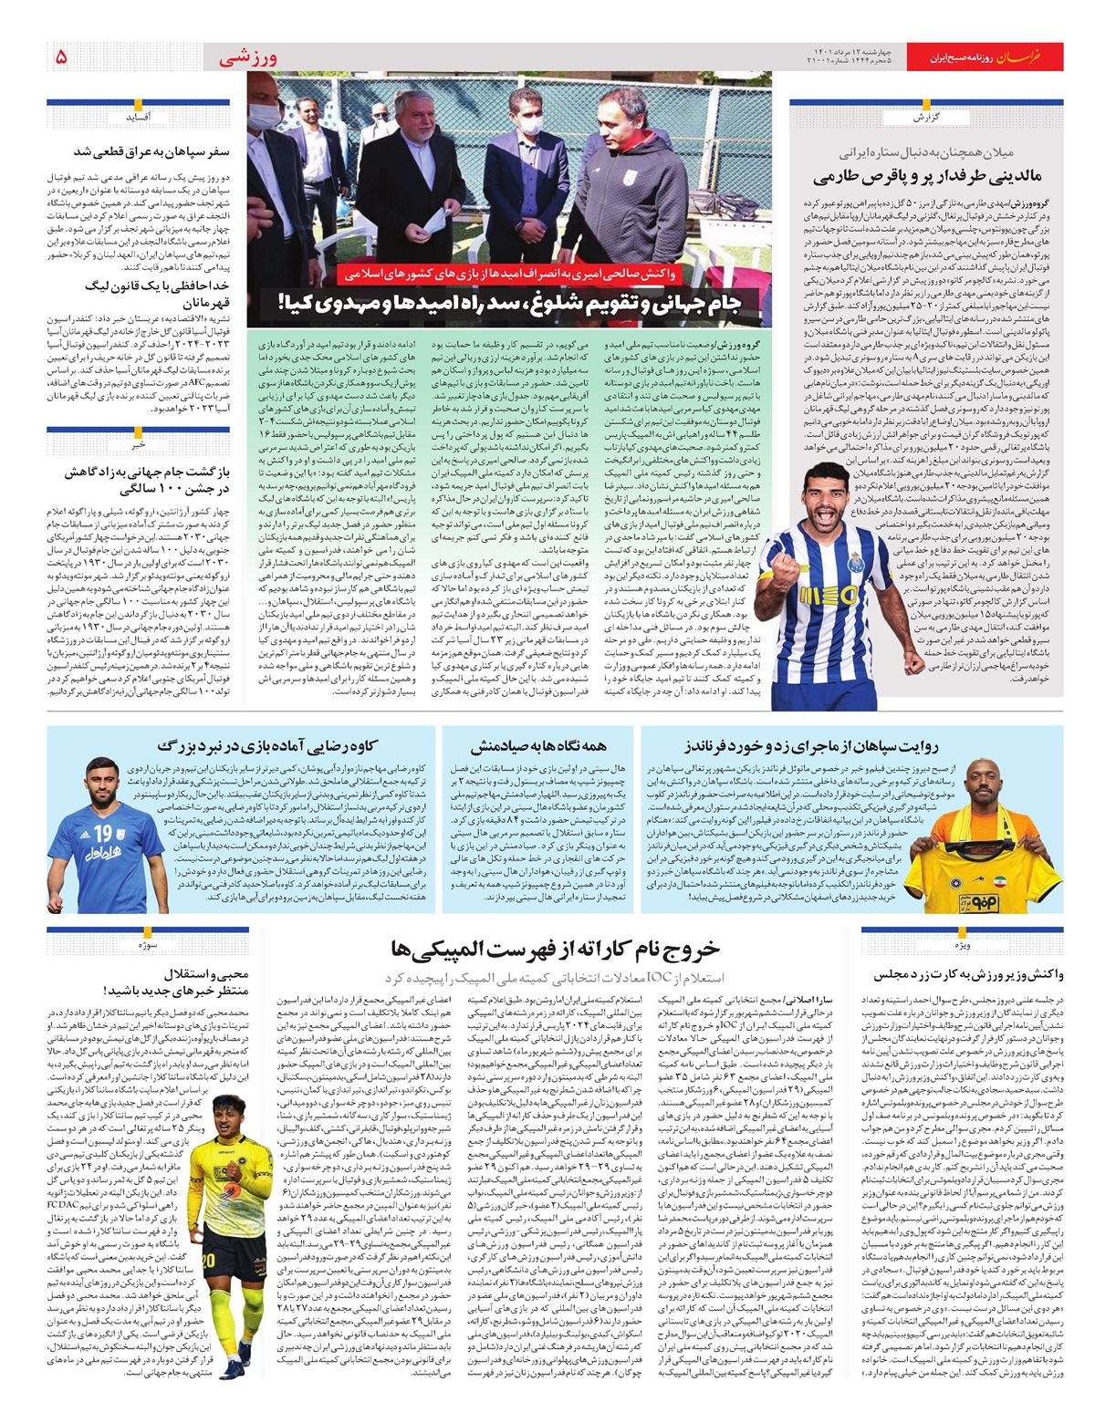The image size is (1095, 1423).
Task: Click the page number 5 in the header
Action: point(60,57)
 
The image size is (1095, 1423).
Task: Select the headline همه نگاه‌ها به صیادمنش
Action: point(538,746)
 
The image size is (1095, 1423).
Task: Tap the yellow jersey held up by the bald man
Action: point(993,871)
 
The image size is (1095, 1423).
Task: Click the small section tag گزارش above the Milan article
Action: point(926,118)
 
